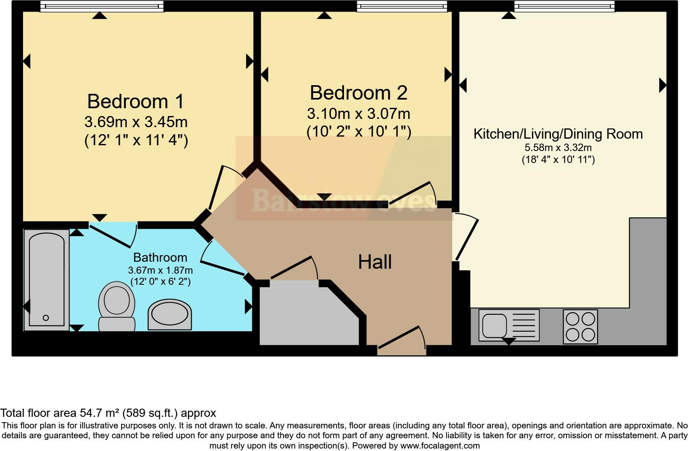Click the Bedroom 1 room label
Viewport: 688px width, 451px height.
(x=135, y=101)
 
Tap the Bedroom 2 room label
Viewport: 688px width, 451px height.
(x=358, y=93)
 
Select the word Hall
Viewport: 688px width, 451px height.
(x=374, y=262)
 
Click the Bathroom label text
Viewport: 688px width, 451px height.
(x=160, y=258)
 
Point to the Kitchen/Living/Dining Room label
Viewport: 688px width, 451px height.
(x=558, y=134)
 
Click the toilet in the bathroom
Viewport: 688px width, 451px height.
(x=117, y=306)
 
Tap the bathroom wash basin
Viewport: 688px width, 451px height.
(x=170, y=315)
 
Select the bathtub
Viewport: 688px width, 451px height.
(x=46, y=280)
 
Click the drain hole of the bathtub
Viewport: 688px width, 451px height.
(x=46, y=318)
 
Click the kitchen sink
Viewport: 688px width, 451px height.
(x=509, y=325)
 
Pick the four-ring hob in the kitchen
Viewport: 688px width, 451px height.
(x=580, y=326)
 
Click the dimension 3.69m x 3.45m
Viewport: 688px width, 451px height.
(x=136, y=122)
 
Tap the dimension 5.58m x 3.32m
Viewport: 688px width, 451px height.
(x=558, y=148)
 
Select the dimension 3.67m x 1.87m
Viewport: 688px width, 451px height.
(x=160, y=270)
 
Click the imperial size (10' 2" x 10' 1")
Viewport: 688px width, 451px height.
(x=359, y=132)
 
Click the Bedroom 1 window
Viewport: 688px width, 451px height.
(x=102, y=6)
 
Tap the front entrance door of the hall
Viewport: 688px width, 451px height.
(x=402, y=346)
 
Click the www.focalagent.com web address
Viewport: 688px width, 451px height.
(x=440, y=445)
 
